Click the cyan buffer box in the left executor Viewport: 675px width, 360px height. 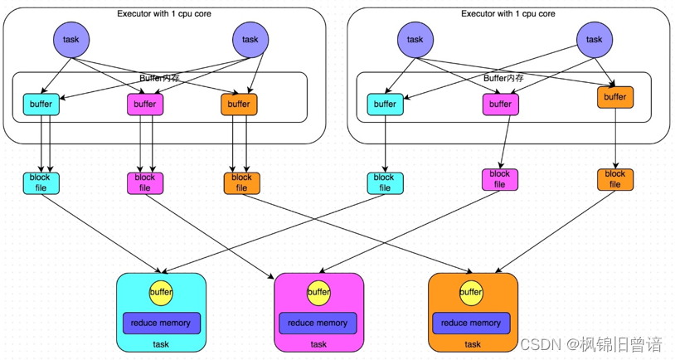click(41, 105)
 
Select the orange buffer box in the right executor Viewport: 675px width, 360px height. click(614, 97)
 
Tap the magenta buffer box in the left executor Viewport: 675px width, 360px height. click(144, 105)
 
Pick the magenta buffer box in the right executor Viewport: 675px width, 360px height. click(500, 105)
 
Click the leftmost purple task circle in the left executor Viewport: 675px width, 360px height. click(71, 39)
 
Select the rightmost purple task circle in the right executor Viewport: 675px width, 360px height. click(595, 39)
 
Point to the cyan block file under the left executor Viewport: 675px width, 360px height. click(41, 182)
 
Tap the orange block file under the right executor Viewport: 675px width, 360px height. click(614, 179)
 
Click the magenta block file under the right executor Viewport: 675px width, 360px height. click(500, 179)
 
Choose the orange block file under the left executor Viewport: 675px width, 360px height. click(241, 182)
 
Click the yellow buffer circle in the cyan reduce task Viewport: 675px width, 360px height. click(161, 292)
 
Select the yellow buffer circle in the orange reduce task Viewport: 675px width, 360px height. click(471, 292)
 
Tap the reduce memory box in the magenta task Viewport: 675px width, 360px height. click(318, 323)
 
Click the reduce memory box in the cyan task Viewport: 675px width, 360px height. click(161, 323)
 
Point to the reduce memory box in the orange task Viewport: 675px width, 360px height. click(471, 323)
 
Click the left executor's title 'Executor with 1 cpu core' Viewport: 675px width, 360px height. click(163, 13)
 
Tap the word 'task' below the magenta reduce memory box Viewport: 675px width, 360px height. click(318, 344)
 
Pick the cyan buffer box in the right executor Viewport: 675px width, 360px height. click(385, 105)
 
